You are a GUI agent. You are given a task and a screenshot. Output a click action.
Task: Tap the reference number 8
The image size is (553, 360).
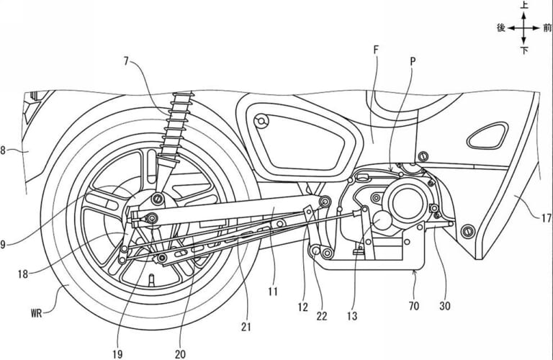click(x=4, y=150)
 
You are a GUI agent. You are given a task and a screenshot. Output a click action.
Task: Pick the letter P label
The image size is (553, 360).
click(x=412, y=63)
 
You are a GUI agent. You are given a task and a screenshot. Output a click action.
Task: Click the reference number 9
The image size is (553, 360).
click(x=4, y=244)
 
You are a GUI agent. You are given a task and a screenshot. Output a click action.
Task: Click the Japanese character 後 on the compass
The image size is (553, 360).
click(x=501, y=28)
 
